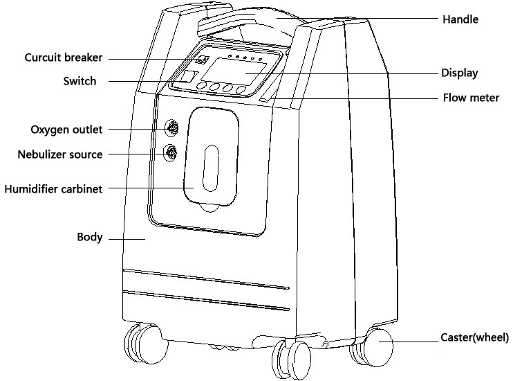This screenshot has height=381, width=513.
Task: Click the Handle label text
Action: [460, 19]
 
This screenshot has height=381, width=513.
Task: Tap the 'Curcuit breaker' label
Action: [64, 57]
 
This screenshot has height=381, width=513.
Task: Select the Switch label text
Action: [80, 81]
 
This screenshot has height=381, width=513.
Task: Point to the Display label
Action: [460, 73]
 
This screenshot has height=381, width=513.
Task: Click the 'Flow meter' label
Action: [471, 98]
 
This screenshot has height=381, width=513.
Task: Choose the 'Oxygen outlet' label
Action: [66, 130]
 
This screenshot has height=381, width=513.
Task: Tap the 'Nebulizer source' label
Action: [60, 154]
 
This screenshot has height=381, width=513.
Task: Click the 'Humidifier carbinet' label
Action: [53, 189]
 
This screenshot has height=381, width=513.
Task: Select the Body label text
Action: [90, 237]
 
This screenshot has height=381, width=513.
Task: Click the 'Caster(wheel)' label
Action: [475, 337]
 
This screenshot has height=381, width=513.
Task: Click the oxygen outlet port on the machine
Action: [171, 128]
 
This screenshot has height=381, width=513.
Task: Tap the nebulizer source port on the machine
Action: [171, 153]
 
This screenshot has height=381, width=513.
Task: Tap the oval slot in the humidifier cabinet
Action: [211, 168]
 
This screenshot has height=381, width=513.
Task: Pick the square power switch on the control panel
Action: [189, 76]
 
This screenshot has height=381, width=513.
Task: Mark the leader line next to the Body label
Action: [127, 239]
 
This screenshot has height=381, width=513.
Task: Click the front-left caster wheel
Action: [146, 344]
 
